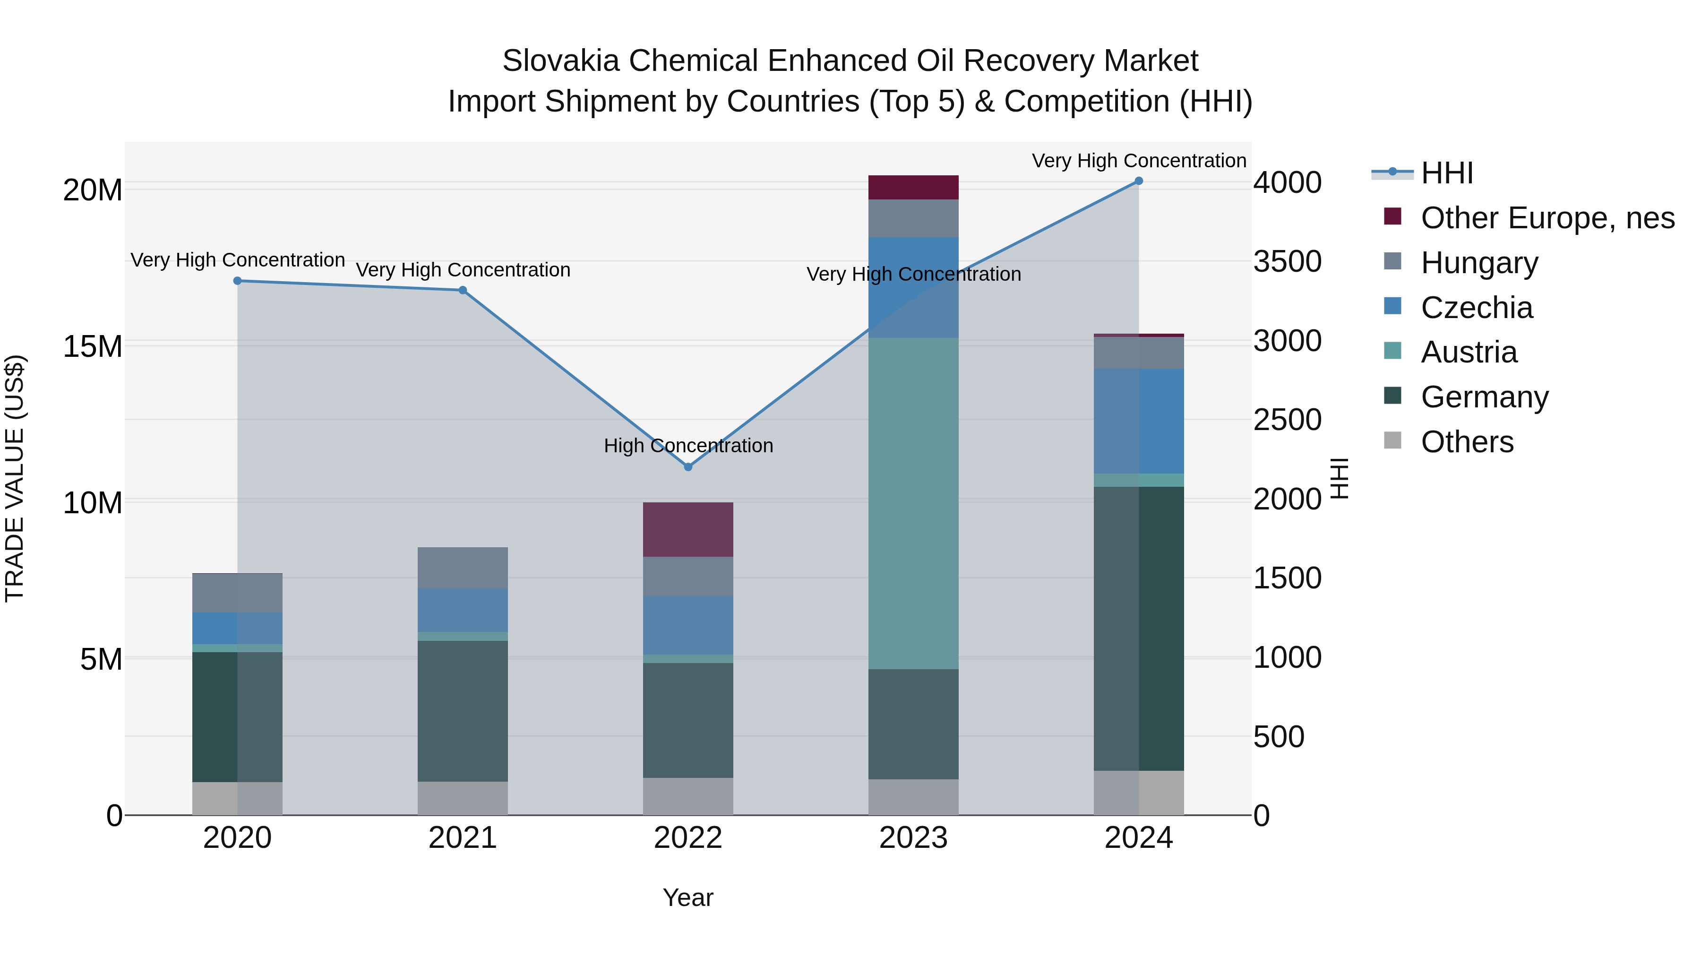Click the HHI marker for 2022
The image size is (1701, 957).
point(688,467)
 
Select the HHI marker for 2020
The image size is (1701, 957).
point(238,281)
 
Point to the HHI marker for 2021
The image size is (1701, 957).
point(463,291)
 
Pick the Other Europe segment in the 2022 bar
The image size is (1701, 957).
point(688,530)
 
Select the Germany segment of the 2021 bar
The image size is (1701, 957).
point(463,711)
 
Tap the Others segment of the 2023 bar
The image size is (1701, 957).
point(913,797)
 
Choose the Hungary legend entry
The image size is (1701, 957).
point(1479,263)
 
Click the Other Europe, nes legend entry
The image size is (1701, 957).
point(1547,218)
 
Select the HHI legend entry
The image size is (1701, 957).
point(1446,173)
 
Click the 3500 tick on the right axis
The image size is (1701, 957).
point(1287,261)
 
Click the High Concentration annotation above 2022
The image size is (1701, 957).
point(688,446)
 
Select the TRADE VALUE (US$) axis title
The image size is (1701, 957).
point(15,479)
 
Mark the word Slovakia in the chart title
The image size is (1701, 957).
point(560,61)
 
